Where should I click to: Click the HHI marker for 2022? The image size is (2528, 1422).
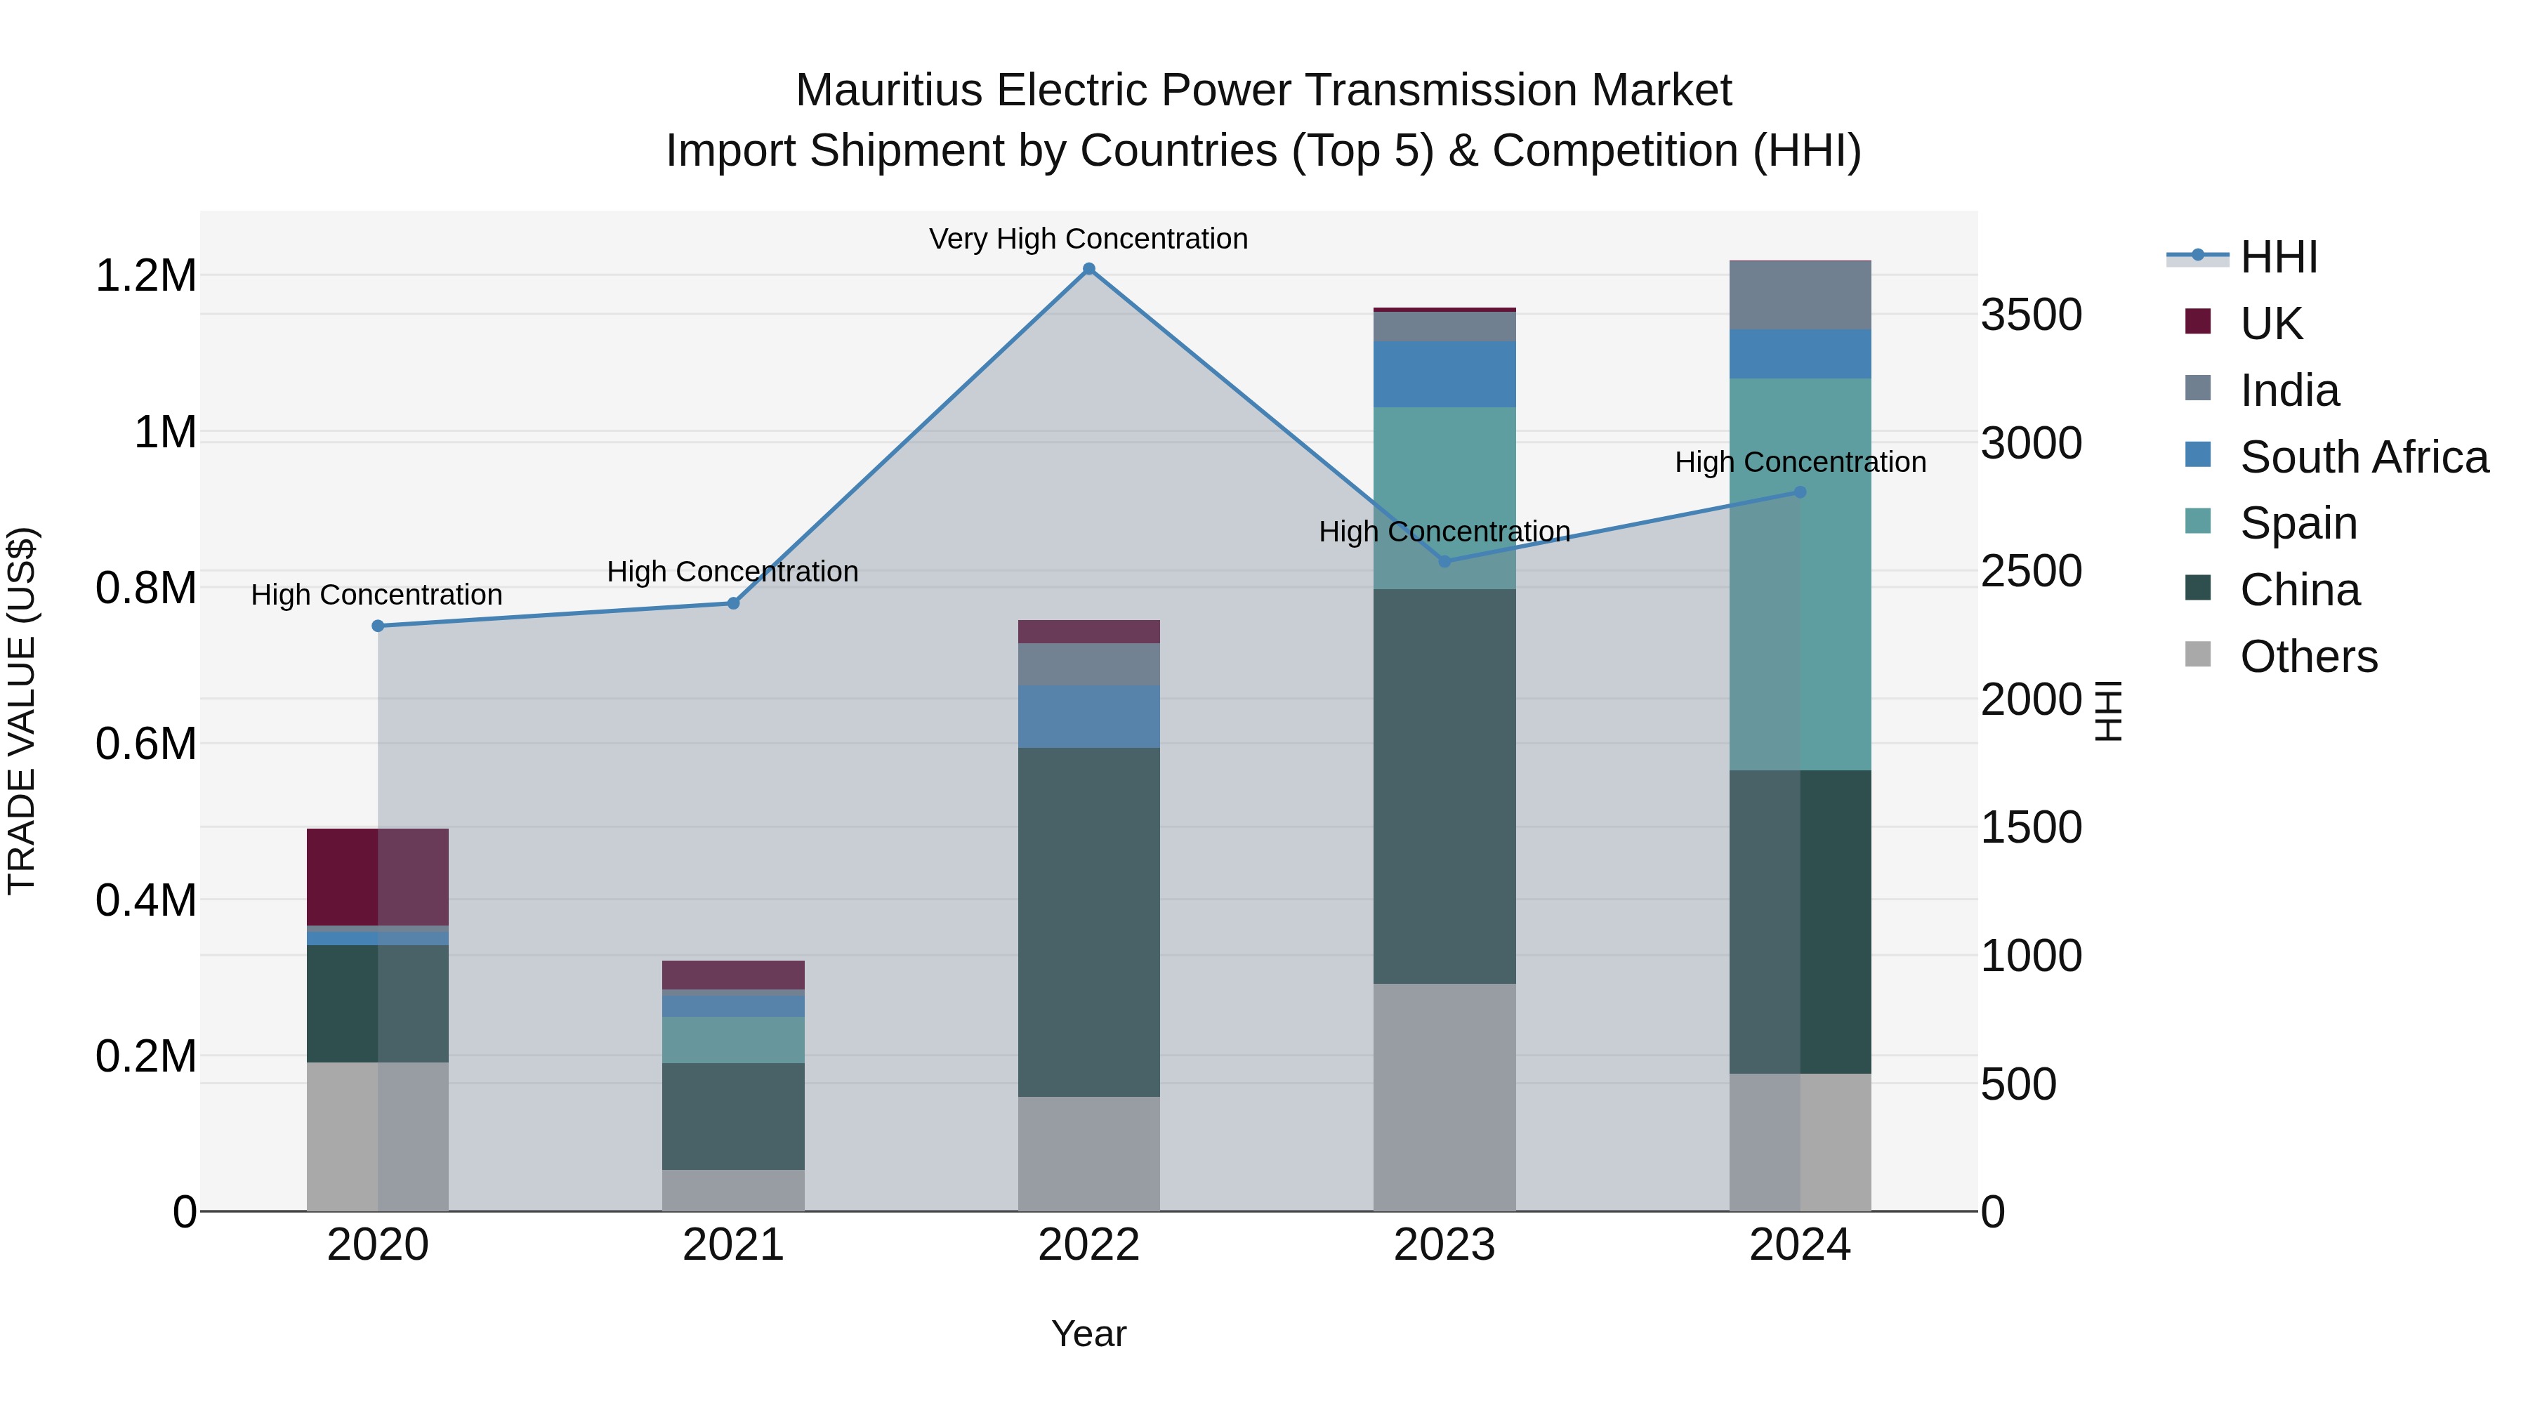(x=1088, y=269)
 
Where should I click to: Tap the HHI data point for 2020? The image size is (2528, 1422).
(x=378, y=626)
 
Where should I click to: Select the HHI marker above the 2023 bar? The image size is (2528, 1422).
(x=1444, y=561)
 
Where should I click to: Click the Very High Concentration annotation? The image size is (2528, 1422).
(x=1088, y=239)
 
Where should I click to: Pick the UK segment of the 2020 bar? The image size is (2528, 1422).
(x=378, y=876)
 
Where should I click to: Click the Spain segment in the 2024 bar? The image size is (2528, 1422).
(x=1800, y=574)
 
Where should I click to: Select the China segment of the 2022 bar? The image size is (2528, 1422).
(x=1088, y=923)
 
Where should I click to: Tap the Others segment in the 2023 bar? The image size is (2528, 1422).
(x=1444, y=1097)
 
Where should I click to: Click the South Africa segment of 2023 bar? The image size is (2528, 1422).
(x=1444, y=374)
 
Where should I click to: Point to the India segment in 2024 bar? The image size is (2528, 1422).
(x=1800, y=296)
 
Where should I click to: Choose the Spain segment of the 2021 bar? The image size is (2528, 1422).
(x=733, y=1039)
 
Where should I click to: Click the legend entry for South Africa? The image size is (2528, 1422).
(x=2363, y=457)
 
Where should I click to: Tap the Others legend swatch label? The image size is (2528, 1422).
(x=2308, y=657)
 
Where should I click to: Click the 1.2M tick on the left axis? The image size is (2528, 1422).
(x=146, y=276)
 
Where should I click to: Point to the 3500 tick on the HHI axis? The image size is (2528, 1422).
(x=2030, y=315)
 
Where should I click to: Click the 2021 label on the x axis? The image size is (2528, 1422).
(x=733, y=1245)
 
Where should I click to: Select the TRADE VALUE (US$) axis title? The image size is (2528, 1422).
(x=22, y=711)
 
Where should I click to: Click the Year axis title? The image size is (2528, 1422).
(x=1088, y=1334)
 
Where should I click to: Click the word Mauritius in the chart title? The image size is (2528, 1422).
(x=888, y=91)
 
